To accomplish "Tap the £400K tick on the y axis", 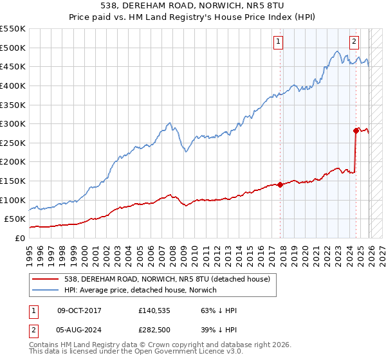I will [x=13, y=85].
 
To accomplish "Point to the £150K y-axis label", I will [x=13, y=181].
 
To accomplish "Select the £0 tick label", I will [x=19, y=238].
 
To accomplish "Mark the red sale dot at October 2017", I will [x=280, y=184].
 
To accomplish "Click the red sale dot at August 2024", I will [x=356, y=130].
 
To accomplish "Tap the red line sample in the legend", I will [x=46, y=278].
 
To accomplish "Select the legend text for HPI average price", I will [x=141, y=291].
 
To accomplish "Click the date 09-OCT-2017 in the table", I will [x=79, y=310].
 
